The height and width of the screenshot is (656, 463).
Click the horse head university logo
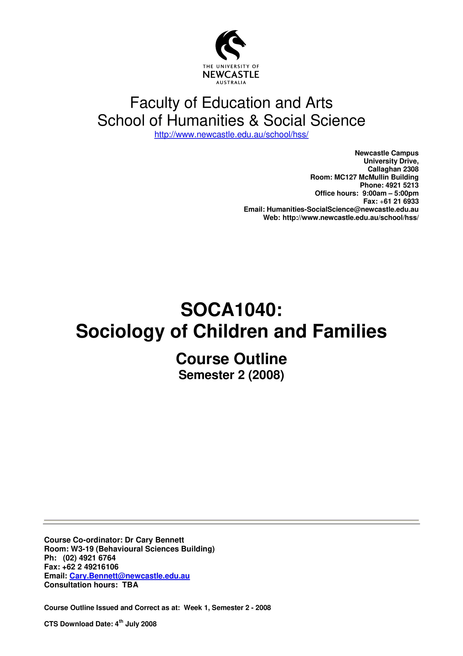coord(231,45)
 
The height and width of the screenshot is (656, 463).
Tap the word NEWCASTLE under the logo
coord(231,75)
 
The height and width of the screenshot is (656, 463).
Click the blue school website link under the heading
coord(231,135)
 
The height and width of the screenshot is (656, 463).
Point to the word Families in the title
coord(350,331)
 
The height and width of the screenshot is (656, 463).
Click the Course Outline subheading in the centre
coord(231,359)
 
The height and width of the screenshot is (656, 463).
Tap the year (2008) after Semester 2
coord(266,375)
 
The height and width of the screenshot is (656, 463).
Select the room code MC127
coord(345,177)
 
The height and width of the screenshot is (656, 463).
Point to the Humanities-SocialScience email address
coord(342,209)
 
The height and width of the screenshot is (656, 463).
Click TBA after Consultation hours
coord(130,585)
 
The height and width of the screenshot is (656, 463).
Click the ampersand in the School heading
coord(254,121)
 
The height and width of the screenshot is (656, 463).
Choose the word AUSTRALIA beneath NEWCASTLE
coord(231,83)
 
